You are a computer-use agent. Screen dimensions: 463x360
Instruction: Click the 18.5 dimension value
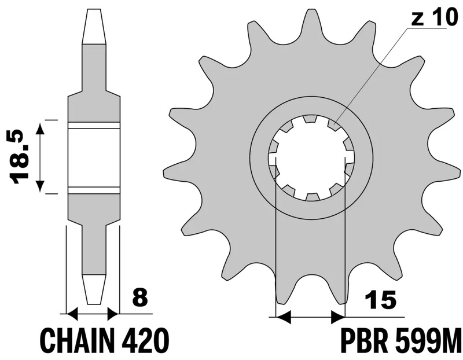[x=20, y=157]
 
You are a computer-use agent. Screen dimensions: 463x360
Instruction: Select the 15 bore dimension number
[x=380, y=300]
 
